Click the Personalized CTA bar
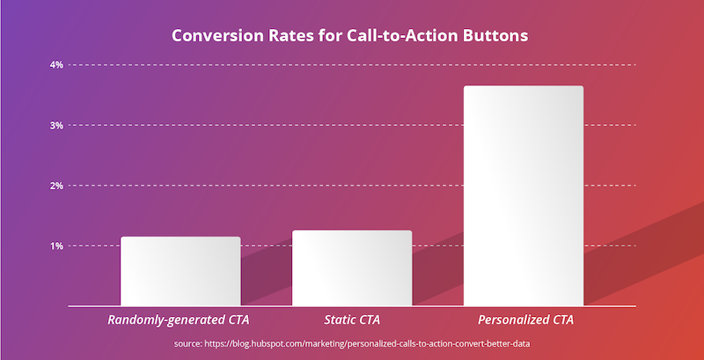click(x=524, y=195)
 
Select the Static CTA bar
click(x=352, y=268)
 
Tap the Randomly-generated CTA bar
click(x=180, y=271)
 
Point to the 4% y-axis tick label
click(x=56, y=65)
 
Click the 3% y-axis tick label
click(x=56, y=125)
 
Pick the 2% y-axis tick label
click(x=56, y=186)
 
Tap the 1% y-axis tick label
click(x=56, y=246)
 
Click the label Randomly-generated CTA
click(x=179, y=320)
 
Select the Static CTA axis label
click(x=352, y=320)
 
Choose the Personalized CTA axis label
click(x=525, y=320)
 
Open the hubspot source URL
click(x=367, y=344)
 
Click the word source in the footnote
click(x=187, y=345)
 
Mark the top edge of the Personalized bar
click(x=524, y=85)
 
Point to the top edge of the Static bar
click(x=352, y=231)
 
